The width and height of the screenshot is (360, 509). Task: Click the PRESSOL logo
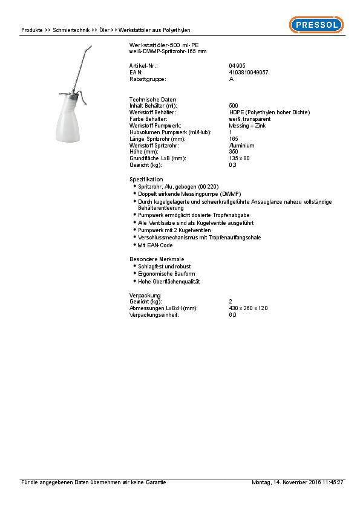tap(315, 25)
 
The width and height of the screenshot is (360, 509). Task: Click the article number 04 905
tap(237, 65)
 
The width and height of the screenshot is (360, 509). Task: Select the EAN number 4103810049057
tap(249, 72)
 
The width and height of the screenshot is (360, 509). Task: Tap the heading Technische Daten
tap(149, 99)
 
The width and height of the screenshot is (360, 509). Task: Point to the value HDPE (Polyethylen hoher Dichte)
tap(269, 112)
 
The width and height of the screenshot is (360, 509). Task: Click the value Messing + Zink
tap(246, 125)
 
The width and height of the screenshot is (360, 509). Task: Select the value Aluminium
tap(241, 146)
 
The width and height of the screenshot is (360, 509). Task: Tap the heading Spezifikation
tap(146, 180)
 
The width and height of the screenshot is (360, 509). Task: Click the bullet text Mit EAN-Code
tap(155, 245)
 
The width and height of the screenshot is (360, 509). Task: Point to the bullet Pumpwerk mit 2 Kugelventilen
tap(173, 230)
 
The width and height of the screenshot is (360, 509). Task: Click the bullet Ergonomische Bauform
tap(166, 274)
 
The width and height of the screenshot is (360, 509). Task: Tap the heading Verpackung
tap(145, 294)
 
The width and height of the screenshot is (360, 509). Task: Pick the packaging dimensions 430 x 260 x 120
tap(248, 308)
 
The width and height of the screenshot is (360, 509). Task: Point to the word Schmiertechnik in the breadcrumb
tap(71, 30)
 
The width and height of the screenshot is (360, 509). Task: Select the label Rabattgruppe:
tap(148, 79)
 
